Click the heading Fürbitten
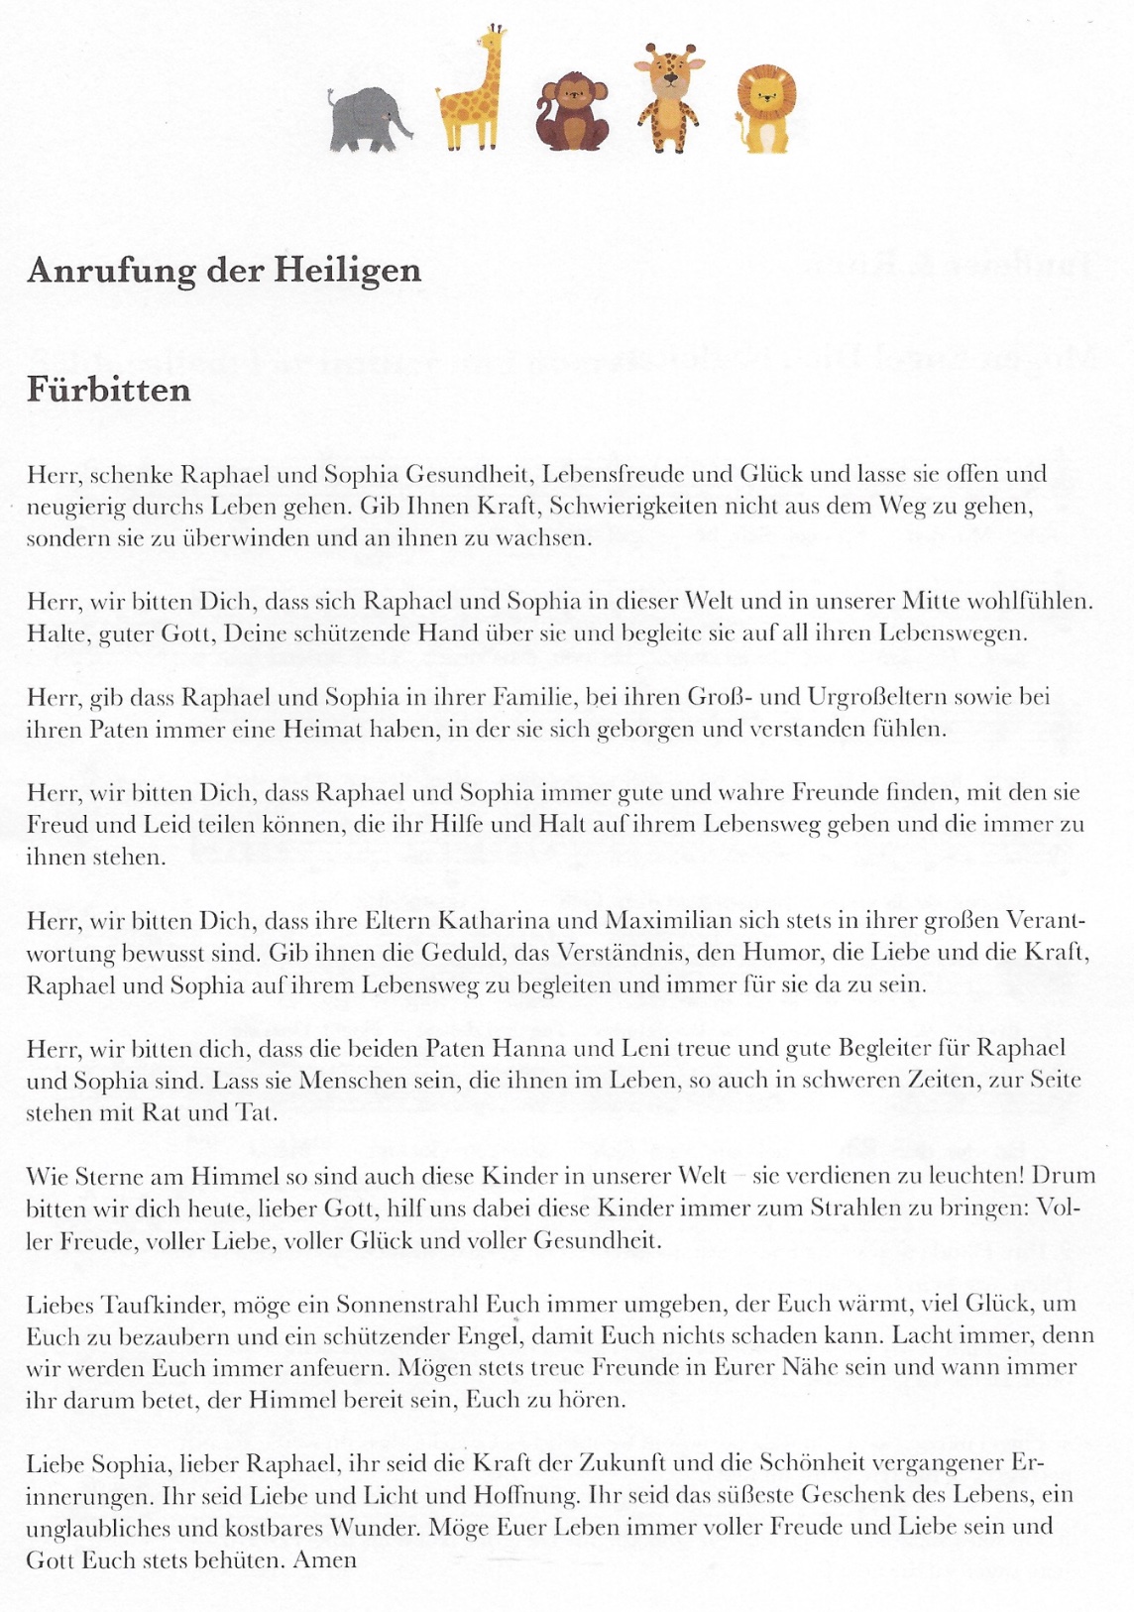pos(109,389)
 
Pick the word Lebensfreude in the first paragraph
pos(623,474)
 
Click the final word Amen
pos(328,1559)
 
